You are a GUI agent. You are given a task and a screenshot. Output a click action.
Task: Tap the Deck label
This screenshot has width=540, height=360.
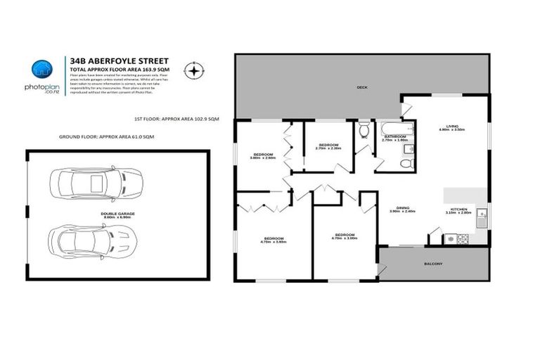(362, 87)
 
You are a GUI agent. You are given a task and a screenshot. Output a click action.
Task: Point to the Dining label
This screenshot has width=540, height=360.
(403, 209)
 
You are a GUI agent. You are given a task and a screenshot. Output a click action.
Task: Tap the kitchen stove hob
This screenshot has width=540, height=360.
(462, 239)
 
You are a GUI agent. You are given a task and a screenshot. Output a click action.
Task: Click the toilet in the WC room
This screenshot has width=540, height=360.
(364, 131)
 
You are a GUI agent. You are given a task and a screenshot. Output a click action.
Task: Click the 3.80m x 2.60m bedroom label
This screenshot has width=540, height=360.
(263, 155)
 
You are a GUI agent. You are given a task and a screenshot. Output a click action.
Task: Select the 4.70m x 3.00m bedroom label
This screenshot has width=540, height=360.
(344, 236)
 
